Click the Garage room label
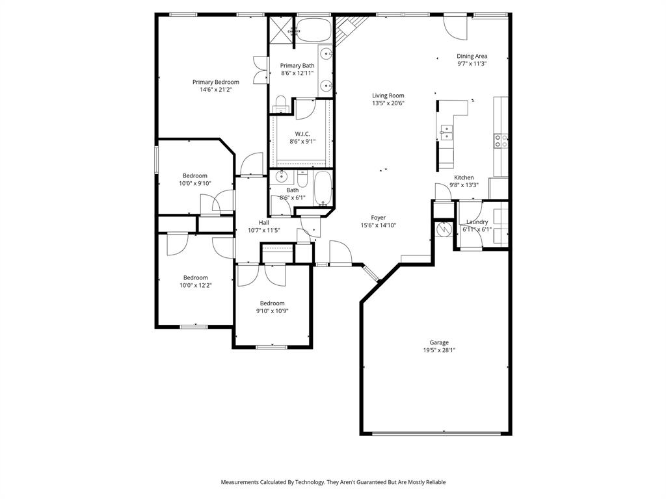439,342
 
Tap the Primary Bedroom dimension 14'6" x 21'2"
215,90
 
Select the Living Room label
388,96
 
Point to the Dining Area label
472,56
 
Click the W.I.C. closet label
302,133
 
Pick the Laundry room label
477,222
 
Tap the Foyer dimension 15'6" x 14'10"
379,225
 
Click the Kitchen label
464,177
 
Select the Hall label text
264,222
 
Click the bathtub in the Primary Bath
314,30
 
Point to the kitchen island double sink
446,133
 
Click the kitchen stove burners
501,140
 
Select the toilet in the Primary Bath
281,103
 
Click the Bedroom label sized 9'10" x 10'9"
273,303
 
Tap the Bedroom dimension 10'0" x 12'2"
196,285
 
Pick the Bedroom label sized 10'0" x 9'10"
195,175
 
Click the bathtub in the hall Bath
323,188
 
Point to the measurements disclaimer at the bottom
333,482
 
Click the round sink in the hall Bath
282,176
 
